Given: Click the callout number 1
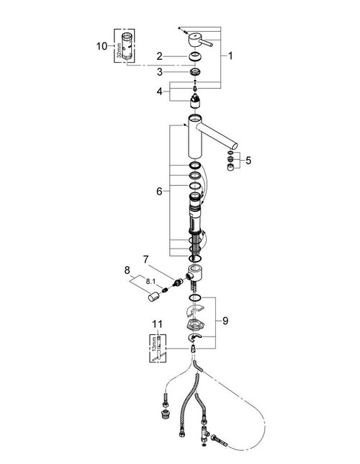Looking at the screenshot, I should click(231, 55).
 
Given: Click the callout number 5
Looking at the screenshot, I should click(248, 161).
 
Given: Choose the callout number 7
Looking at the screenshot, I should click(145, 257).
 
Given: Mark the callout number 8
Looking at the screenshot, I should click(127, 272).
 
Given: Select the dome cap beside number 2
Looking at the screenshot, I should click(194, 58).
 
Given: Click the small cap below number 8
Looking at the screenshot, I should click(152, 298).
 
